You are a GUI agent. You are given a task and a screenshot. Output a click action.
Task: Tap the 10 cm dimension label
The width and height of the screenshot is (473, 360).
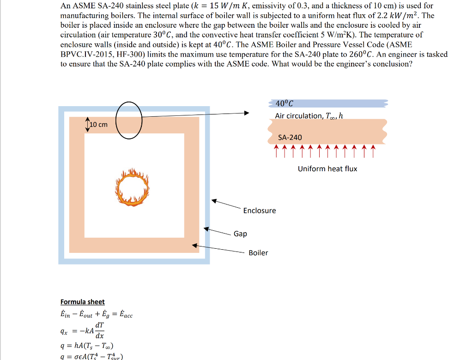point(98,125)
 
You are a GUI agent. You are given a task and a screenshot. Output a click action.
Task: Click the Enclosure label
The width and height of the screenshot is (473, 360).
point(260,210)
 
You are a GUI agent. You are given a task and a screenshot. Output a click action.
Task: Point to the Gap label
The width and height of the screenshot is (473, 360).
point(240,234)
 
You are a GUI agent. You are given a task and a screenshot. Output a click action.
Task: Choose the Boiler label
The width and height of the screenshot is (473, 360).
point(258,252)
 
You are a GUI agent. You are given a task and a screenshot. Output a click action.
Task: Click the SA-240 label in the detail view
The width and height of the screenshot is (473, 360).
point(290,137)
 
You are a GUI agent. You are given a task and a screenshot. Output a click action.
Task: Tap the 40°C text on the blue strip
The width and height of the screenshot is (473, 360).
point(284,103)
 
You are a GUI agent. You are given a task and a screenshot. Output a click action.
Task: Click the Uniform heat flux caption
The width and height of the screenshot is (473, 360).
point(327,168)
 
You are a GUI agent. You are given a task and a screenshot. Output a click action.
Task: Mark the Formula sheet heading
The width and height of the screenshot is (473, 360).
point(83,301)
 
